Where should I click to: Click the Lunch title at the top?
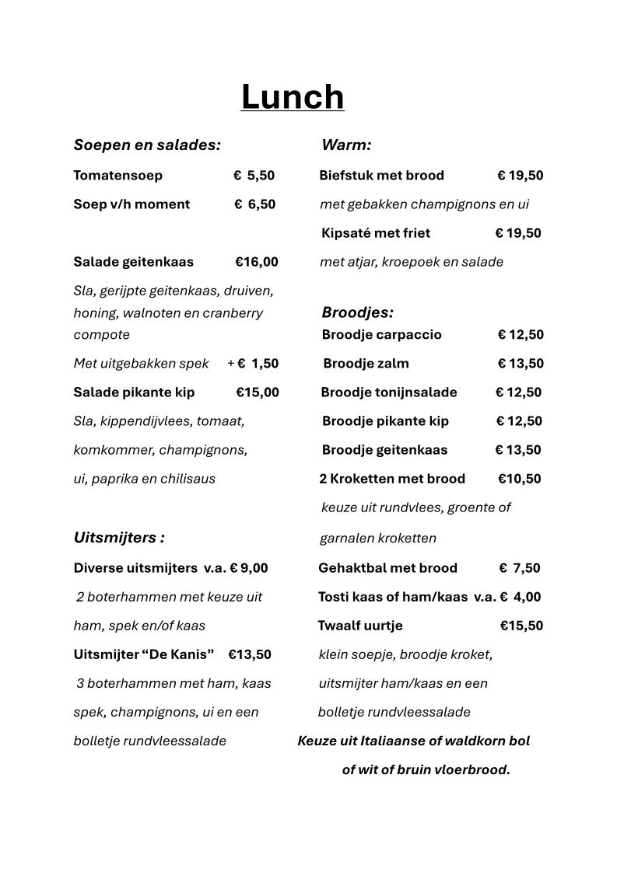[292, 97]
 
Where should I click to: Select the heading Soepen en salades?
[147, 145]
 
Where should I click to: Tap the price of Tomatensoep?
[254, 176]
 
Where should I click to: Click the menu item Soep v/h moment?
[131, 204]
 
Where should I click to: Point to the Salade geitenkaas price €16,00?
[256, 262]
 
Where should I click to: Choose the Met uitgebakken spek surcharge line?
[176, 364]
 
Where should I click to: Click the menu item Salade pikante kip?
[134, 392]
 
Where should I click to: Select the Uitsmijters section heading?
[118, 538]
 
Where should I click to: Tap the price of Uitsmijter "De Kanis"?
[250, 654]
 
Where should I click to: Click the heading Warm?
[346, 145]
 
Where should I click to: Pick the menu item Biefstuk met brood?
[381, 176]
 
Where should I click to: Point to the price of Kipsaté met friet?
[518, 233]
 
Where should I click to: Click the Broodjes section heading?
[357, 313]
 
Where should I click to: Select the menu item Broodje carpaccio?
[381, 335]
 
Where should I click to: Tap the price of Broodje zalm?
[521, 364]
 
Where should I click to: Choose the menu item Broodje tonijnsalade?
[389, 392]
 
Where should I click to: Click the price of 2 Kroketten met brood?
[519, 479]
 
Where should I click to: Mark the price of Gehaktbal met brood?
[520, 568]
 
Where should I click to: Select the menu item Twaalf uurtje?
[360, 626]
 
